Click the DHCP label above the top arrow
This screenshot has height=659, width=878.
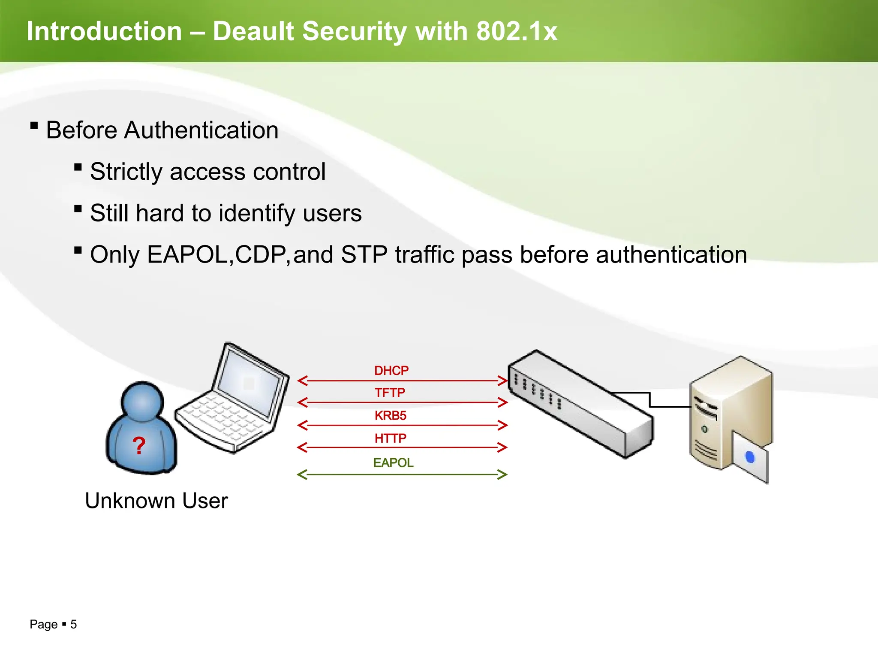(x=391, y=371)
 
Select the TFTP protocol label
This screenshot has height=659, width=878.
(x=390, y=393)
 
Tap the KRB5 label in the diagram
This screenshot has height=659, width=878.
(x=390, y=415)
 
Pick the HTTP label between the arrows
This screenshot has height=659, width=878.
(x=390, y=438)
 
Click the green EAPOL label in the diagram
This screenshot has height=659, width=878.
(x=393, y=463)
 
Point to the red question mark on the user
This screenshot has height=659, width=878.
(x=139, y=446)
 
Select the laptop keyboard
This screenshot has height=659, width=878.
(x=223, y=418)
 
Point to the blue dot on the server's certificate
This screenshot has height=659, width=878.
(x=750, y=457)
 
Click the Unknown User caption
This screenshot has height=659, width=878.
(x=156, y=501)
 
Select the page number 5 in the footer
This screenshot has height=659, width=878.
(x=74, y=624)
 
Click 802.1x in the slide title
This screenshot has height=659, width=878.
(x=517, y=31)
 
